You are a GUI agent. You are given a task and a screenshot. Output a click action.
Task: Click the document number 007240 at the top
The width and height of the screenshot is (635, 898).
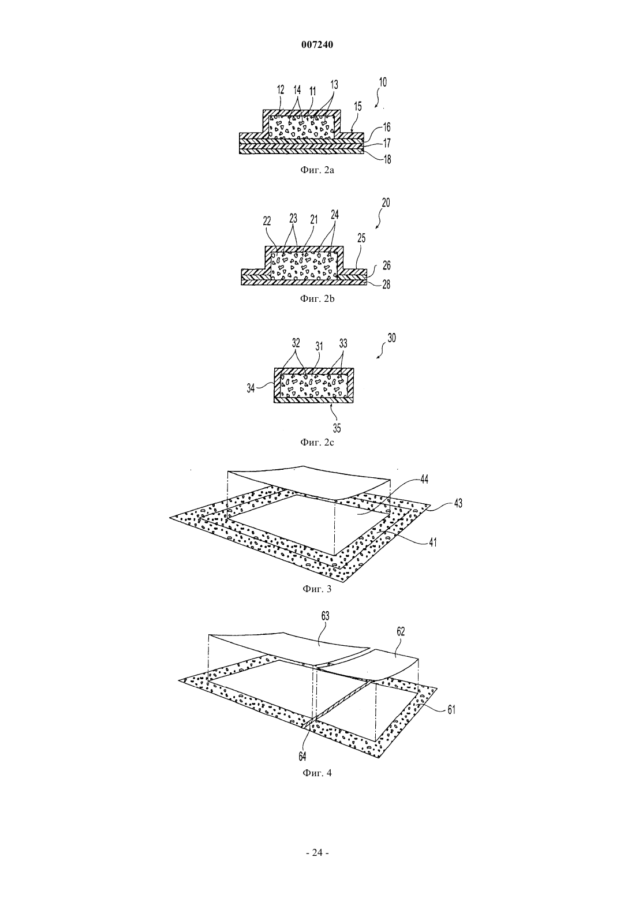click(317, 45)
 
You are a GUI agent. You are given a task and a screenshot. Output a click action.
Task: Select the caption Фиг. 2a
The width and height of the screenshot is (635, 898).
click(317, 170)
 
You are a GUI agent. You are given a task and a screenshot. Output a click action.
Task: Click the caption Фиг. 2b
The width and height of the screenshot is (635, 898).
click(317, 299)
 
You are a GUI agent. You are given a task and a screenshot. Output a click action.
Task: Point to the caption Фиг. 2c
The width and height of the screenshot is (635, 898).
click(317, 442)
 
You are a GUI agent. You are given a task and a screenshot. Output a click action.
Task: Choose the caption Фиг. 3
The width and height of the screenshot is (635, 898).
click(317, 589)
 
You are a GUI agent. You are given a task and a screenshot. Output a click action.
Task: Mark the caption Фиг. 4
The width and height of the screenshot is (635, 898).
click(317, 773)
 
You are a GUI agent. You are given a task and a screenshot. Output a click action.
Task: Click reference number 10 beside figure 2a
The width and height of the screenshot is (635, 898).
click(382, 82)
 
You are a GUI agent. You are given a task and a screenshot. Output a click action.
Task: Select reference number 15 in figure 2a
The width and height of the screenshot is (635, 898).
click(358, 106)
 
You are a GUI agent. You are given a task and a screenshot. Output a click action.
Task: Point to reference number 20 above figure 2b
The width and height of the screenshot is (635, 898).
click(385, 203)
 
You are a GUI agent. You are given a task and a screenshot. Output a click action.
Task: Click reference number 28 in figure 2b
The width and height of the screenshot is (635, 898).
click(386, 285)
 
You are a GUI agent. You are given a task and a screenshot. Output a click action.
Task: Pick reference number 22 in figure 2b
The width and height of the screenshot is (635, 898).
click(267, 221)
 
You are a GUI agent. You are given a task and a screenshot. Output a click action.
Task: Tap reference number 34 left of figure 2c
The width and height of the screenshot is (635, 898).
click(251, 388)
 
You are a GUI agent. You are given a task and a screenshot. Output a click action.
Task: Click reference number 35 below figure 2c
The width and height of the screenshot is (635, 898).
click(337, 428)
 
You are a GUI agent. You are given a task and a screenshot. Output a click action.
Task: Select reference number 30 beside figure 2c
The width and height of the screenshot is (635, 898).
click(391, 338)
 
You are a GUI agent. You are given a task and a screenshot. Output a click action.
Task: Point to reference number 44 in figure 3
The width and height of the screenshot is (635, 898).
click(424, 479)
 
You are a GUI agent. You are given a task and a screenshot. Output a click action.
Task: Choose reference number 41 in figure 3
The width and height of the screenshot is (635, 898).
click(432, 542)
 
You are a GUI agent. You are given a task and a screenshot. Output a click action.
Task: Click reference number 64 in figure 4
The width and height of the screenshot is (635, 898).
click(302, 755)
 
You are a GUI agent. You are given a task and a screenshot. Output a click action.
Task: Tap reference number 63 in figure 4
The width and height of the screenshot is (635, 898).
click(325, 616)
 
